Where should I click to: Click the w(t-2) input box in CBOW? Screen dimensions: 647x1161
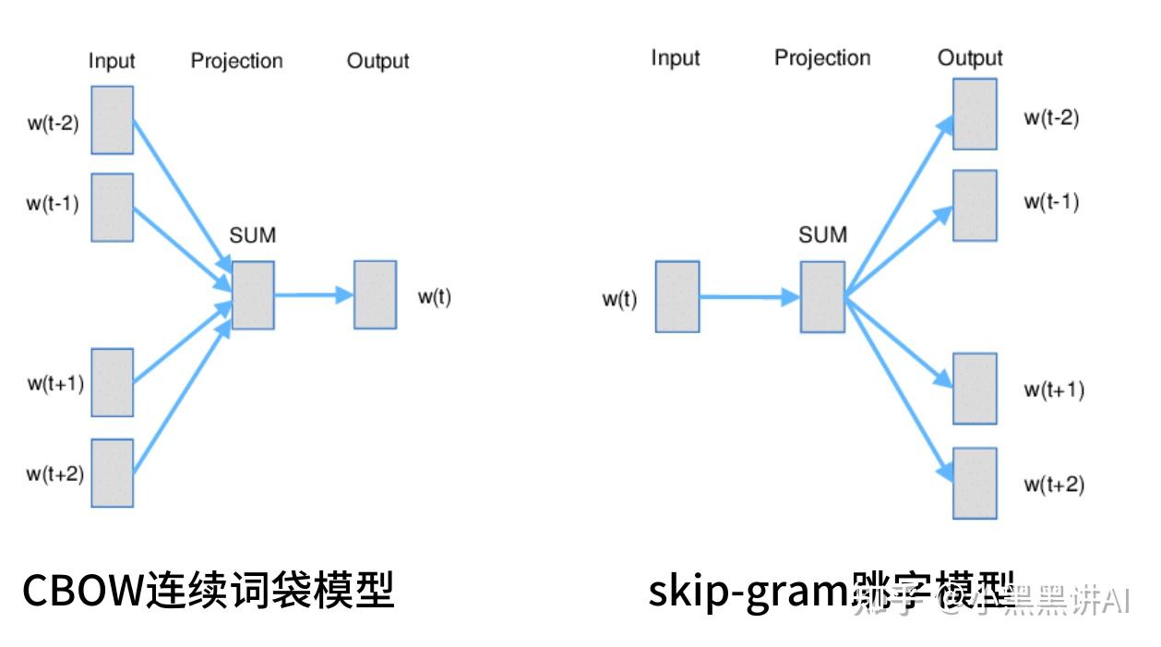pyautogui.click(x=112, y=120)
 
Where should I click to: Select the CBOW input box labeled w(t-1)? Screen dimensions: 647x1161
pyautogui.click(x=112, y=207)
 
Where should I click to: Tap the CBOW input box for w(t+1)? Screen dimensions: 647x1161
pyautogui.click(x=112, y=382)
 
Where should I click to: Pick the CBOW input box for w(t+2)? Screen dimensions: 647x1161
pyautogui.click(x=112, y=473)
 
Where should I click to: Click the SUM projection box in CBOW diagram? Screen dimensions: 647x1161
pyautogui.click(x=253, y=294)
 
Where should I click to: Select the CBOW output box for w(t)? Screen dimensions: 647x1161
pyautogui.click(x=375, y=294)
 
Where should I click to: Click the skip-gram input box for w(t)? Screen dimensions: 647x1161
pyautogui.click(x=677, y=296)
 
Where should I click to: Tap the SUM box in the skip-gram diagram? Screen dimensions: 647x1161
pyautogui.click(x=822, y=296)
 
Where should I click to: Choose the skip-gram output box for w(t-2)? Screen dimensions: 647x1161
pyautogui.click(x=975, y=114)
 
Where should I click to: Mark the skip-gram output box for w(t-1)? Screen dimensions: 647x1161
pyautogui.click(x=975, y=205)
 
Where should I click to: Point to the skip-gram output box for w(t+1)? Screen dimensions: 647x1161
pyautogui.click(x=975, y=388)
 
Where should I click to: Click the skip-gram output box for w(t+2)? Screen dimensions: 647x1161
pyautogui.click(x=975, y=483)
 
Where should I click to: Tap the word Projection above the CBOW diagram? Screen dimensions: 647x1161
pyautogui.click(x=236, y=62)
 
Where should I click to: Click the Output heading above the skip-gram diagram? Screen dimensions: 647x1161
pyautogui.click(x=970, y=58)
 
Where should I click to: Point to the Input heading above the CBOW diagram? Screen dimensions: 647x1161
pyautogui.click(x=112, y=62)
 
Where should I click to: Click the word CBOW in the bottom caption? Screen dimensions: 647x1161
pyautogui.click(x=83, y=591)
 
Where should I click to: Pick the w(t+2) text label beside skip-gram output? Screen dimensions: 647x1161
pyautogui.click(x=1053, y=485)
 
